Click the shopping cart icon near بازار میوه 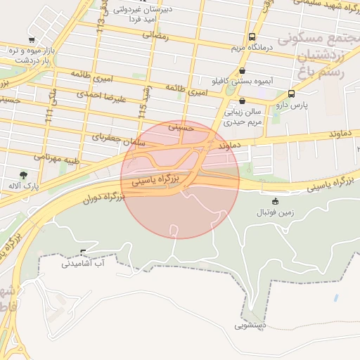click(x=31, y=39)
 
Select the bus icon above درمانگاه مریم click(x=251, y=37)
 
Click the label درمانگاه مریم click(x=251, y=48)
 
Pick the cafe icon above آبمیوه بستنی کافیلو click(x=243, y=70)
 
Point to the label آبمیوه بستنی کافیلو click(x=243, y=82)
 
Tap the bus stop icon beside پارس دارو click(x=291, y=94)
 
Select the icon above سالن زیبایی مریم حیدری click(x=242, y=101)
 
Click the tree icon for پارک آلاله click(x=25, y=174)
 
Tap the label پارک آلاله click(x=23, y=186)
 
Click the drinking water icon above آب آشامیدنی click(x=84, y=252)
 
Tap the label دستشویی click(x=250, y=326)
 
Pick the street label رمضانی click(x=156, y=34)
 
